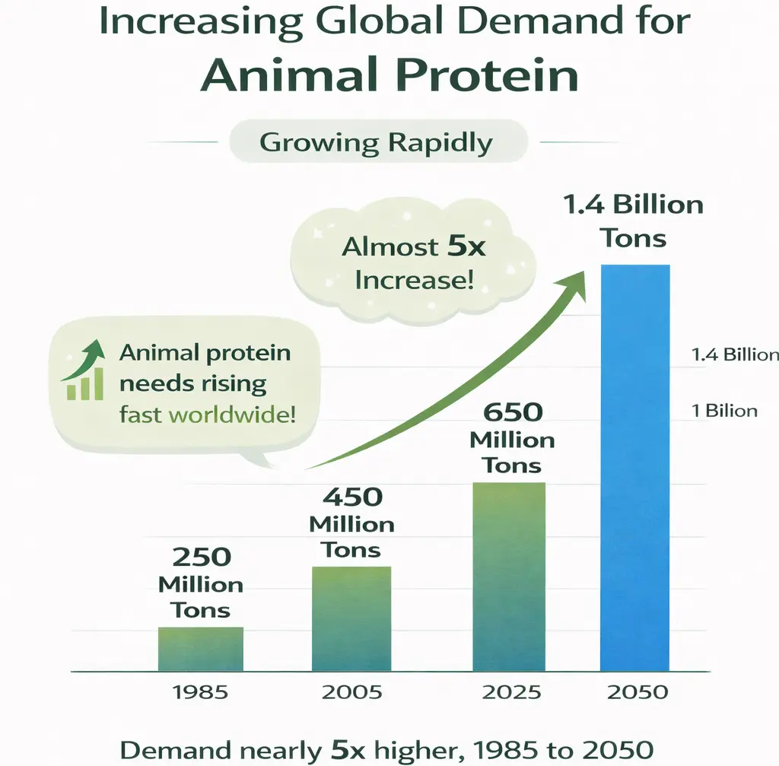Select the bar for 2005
(x=353, y=618)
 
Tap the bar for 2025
(x=509, y=577)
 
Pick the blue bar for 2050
(x=635, y=468)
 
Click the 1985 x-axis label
(x=201, y=692)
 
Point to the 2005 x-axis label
(x=353, y=692)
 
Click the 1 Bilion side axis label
(x=725, y=411)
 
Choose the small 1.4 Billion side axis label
(x=735, y=354)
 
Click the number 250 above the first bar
(x=201, y=557)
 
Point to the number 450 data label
(x=351, y=497)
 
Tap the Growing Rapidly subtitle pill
(x=376, y=143)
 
